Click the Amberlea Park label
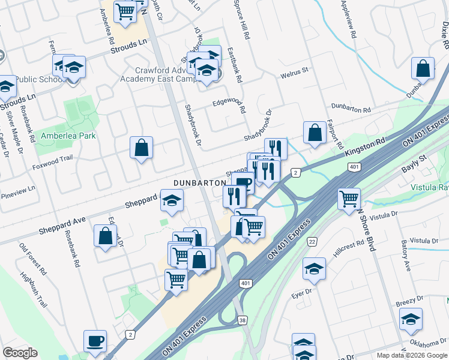[x=68, y=136]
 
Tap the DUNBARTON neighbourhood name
[x=200, y=182]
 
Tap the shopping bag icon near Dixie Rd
[x=423, y=70]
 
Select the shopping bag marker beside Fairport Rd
[x=315, y=133]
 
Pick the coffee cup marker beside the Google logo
[x=95, y=341]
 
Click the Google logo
[x=20, y=353]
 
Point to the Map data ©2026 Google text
[x=411, y=355]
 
